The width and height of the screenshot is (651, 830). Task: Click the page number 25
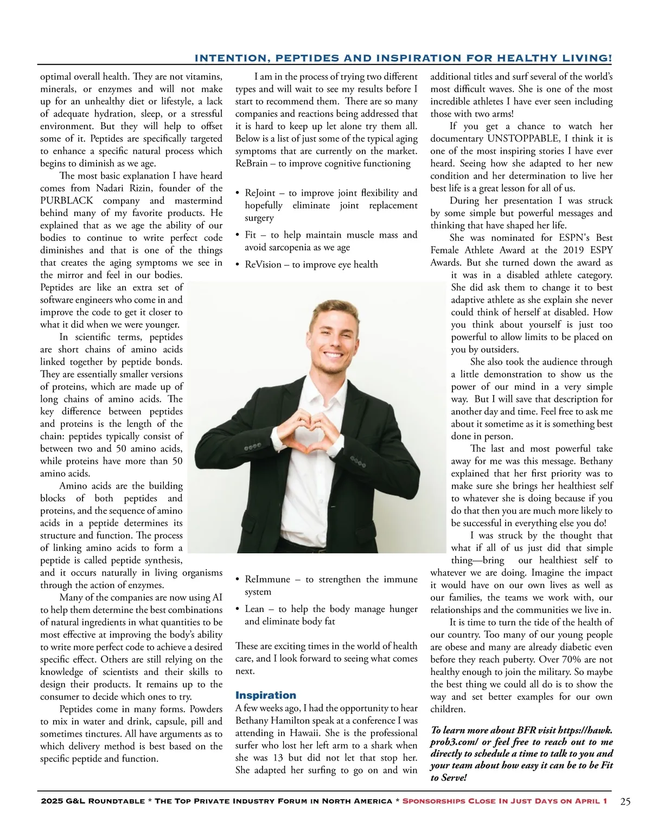pos(626,802)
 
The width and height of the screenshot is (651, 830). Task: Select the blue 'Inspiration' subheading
pos(266,695)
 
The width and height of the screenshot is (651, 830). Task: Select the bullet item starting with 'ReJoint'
pos(325,205)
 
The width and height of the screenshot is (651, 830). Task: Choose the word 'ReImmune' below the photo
pos(267,579)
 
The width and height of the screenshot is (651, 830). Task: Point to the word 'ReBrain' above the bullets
pos(251,164)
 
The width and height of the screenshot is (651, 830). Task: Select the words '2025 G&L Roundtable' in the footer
pos(92,801)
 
